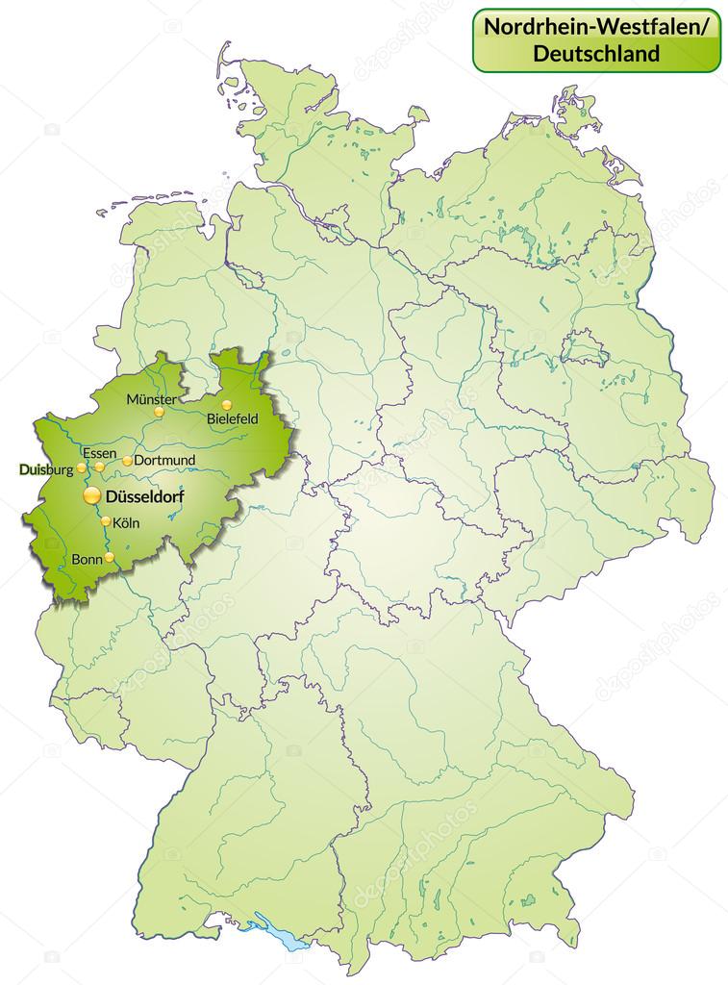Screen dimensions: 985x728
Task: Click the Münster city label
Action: click(x=151, y=398)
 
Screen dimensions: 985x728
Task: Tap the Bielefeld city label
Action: click(x=233, y=418)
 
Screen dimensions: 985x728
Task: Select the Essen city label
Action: click(x=100, y=453)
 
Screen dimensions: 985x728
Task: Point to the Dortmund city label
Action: click(x=164, y=460)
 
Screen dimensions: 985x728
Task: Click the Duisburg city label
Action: click(x=45, y=469)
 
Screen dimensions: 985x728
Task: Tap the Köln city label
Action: click(x=126, y=523)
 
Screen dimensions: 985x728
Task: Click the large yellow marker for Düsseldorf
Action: click(x=91, y=495)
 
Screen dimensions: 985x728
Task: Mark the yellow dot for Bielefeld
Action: click(x=227, y=405)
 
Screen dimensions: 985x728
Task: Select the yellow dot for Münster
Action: click(x=160, y=412)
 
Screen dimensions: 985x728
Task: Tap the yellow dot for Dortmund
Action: click(x=128, y=461)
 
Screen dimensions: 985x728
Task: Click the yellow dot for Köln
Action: click(x=106, y=521)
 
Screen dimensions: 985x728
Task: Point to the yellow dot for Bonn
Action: click(x=110, y=557)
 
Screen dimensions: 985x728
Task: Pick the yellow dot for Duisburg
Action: click(x=82, y=467)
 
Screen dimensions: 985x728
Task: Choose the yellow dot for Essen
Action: click(x=99, y=467)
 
